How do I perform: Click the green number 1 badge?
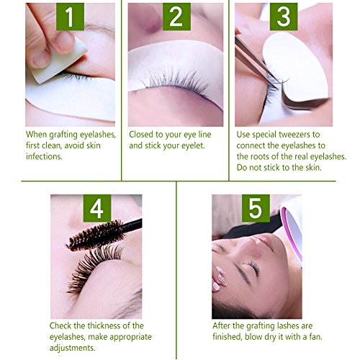pos(70,17)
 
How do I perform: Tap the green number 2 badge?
pos(176,17)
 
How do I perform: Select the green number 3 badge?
pos(284,17)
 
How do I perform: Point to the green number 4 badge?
pos(97,208)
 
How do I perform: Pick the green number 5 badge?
pos(256,208)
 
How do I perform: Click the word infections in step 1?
pos(44,156)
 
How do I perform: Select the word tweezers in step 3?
pos(294,135)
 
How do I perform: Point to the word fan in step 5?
pos(315,336)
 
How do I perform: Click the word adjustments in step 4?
pos(72,348)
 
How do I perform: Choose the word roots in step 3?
pos(260,157)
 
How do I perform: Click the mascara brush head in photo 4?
pos(96,235)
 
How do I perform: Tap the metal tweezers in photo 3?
pos(258,63)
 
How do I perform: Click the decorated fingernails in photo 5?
pos(220,279)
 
